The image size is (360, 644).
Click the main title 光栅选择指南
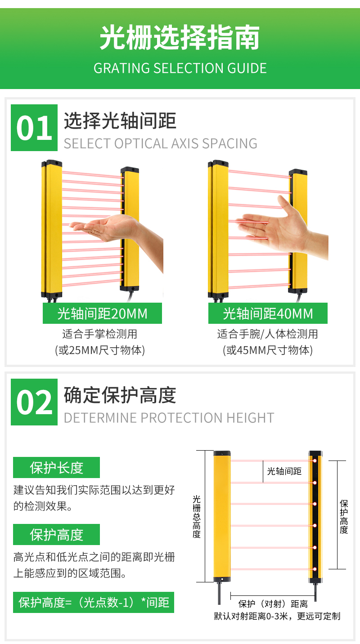coord(180,37)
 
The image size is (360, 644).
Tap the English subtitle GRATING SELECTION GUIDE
coord(180,68)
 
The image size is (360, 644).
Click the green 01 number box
coord(34,128)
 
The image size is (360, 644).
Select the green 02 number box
coord(34,402)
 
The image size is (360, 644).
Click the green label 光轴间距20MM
coord(103,313)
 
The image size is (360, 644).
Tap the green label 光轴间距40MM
coord(268,313)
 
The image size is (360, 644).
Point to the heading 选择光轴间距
coord(120,121)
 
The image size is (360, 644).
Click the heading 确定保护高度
coord(120,395)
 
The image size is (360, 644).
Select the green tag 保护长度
coord(56,467)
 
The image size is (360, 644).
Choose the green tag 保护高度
coord(56,534)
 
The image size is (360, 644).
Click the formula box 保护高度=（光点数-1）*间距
coord(94,602)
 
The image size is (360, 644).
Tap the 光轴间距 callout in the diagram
coord(284,471)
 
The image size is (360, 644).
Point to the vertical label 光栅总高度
coord(197,516)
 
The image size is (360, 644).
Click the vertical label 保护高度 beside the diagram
coord(344,517)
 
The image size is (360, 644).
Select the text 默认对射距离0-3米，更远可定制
coord(277,616)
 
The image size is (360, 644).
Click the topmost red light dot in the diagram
coord(315,461)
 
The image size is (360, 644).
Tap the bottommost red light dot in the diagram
coord(315,569)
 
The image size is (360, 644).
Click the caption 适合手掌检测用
coord(100,334)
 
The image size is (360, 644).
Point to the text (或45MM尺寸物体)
coord(268,350)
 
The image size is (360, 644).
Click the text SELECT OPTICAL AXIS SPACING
coord(161,143)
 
